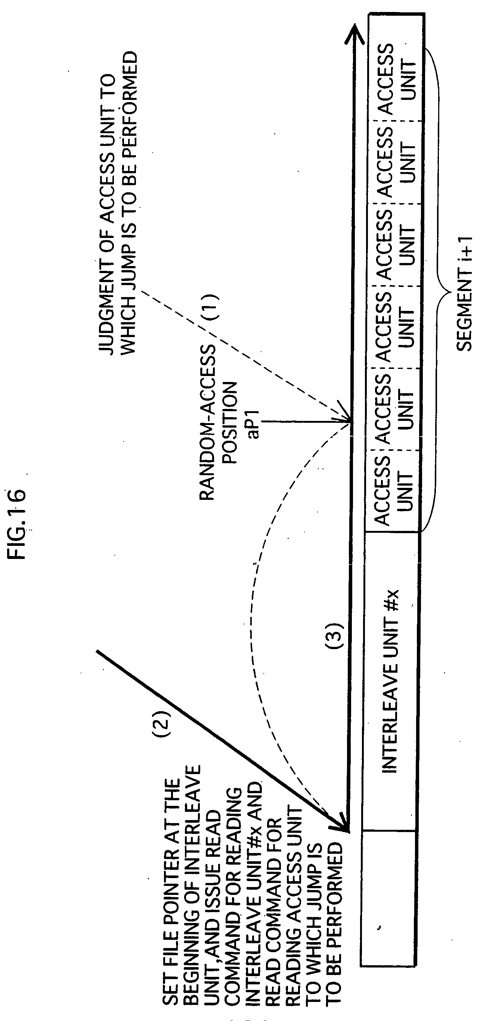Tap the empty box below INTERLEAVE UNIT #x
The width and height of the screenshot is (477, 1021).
388,898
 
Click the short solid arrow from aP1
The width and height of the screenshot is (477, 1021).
305,422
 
